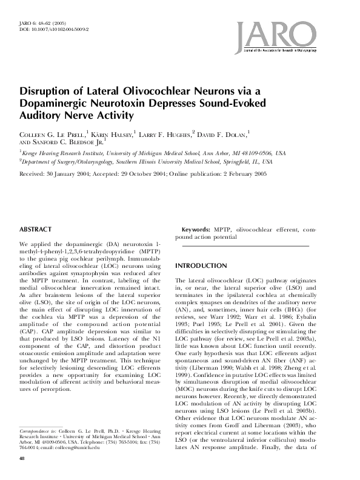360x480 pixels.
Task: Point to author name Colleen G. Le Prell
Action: (x=53, y=132)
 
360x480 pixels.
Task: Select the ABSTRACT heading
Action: (x=36, y=230)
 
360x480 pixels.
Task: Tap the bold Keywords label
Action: (x=196, y=230)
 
